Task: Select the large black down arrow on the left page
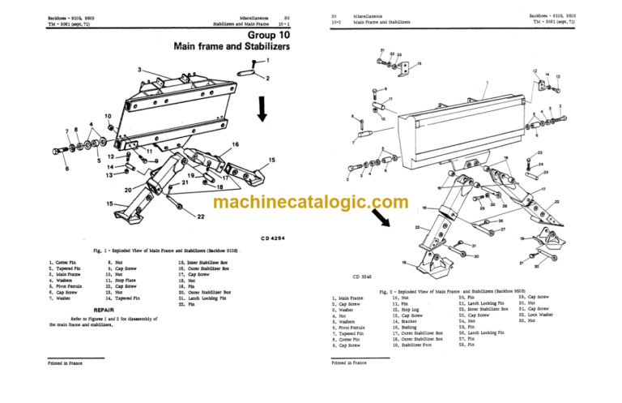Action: coord(262,107)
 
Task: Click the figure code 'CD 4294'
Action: coord(276,238)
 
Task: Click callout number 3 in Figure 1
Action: coord(139,70)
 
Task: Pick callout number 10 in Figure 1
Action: coord(107,117)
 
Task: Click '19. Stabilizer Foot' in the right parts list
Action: coord(417,345)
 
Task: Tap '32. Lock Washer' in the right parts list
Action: coord(543,315)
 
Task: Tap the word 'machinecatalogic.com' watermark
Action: coord(310,206)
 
